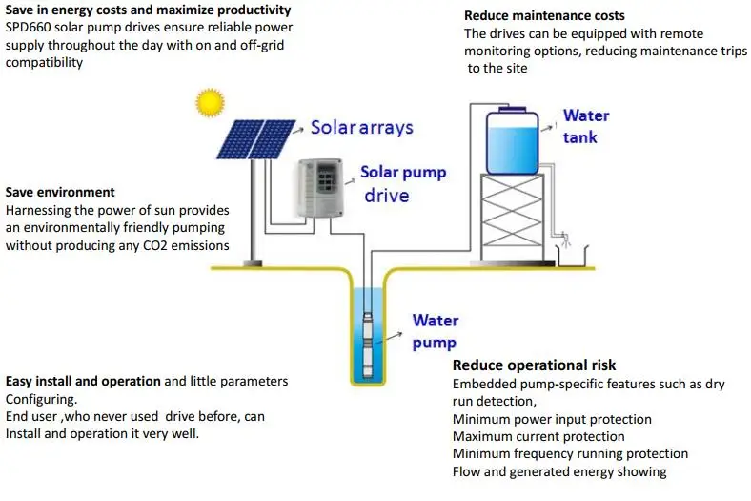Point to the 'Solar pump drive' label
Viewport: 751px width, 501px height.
click(402, 184)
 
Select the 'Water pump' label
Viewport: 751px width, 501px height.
click(435, 331)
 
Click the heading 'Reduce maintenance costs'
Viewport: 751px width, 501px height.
click(544, 15)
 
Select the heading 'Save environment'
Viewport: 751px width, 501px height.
click(60, 192)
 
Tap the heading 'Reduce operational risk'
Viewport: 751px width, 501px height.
click(534, 365)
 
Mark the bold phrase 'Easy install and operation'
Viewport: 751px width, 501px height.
click(83, 381)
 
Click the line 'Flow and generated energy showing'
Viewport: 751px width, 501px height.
click(558, 471)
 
